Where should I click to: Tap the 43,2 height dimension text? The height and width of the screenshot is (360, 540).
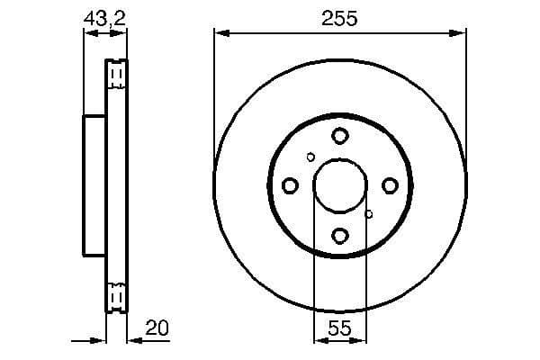point(103,17)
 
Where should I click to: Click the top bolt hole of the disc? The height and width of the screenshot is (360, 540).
point(339,136)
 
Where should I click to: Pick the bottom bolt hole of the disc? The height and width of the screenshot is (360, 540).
point(339,236)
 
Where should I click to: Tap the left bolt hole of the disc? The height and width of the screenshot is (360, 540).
point(290,185)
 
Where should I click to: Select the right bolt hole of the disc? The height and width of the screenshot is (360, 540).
point(390,185)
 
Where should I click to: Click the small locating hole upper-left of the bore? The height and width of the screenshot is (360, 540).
point(310,157)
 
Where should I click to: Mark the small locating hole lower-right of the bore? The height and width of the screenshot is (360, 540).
point(368,214)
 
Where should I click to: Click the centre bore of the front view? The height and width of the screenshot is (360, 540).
point(339,185)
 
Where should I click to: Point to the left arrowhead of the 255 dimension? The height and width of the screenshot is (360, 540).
point(220,33)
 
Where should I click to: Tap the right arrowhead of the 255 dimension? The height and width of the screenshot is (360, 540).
point(461,33)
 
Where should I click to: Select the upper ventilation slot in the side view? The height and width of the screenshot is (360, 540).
point(115,75)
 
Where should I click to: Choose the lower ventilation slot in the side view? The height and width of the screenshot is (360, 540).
point(115,298)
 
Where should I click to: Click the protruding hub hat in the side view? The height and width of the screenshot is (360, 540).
point(94,185)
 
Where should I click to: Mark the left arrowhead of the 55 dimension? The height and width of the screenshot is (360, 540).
point(319,341)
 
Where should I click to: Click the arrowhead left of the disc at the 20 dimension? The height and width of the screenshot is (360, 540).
point(101,341)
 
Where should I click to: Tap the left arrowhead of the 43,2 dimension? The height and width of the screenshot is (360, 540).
point(89,33)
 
